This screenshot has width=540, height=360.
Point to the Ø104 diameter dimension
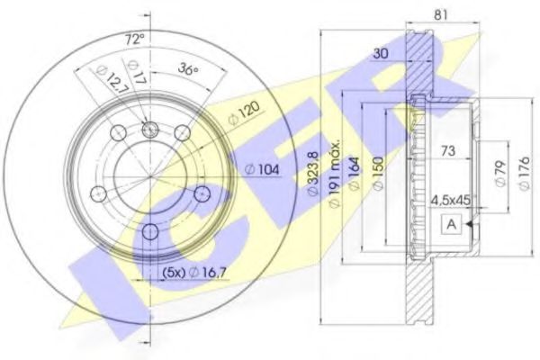tap(261, 169)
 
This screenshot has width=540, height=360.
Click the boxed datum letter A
tap(447, 225)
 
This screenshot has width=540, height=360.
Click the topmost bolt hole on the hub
tap(150, 130)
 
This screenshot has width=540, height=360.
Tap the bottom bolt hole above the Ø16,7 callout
tap(150, 234)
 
